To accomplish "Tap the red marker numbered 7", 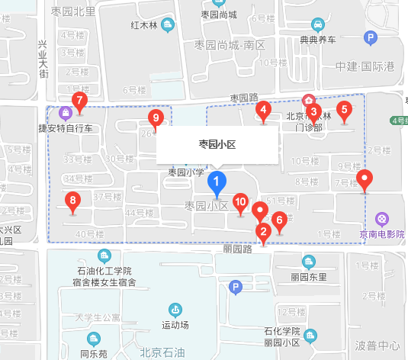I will tap(78, 101).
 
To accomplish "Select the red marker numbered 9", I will tap(156, 118).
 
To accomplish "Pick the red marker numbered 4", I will tap(264, 111).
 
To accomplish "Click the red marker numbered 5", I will tap(344, 109).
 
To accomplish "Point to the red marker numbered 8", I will tap(73, 202).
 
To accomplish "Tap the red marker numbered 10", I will tap(240, 203).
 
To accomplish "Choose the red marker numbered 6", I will tap(279, 220).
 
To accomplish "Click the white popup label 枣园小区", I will tap(217, 144).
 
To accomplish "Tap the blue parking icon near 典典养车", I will tap(370, 37).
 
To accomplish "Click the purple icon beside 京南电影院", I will tap(381, 219).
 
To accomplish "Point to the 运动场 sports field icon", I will tap(175, 310).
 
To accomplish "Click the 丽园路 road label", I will tap(237, 249).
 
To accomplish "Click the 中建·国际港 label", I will tap(365, 66).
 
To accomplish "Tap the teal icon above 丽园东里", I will tap(308, 262).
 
